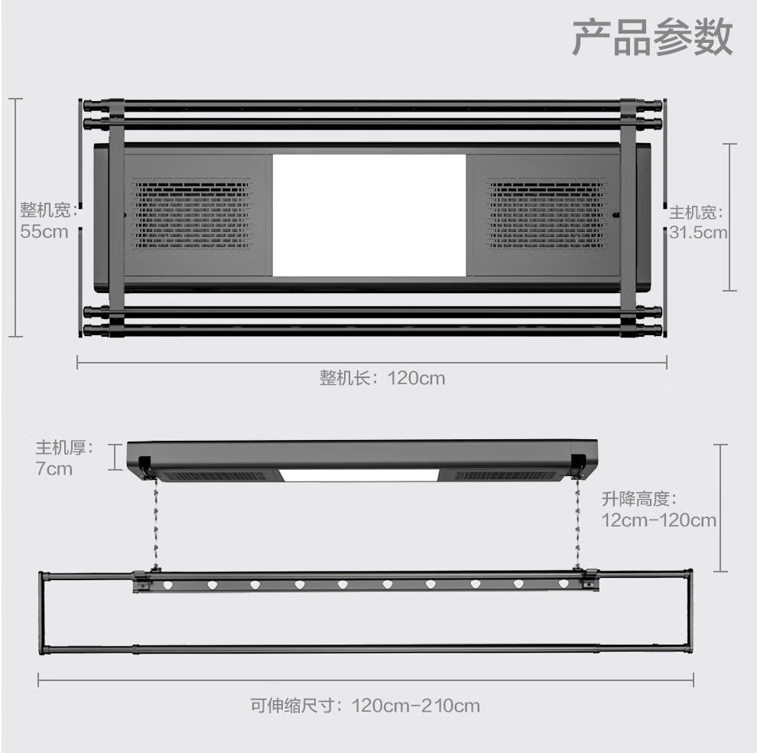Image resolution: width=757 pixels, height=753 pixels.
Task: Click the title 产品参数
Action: pos(652,38)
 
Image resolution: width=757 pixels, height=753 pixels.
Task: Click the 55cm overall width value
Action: pos(44,230)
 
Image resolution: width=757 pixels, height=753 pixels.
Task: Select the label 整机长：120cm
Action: pos(382,378)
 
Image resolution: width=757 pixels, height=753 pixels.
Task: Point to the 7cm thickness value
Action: pos(54,468)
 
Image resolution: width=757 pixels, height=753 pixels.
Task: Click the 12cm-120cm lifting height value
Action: pos(658,521)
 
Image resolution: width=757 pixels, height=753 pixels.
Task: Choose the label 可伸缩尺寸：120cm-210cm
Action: pos(365,705)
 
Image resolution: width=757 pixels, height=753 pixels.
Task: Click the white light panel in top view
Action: pos(369,216)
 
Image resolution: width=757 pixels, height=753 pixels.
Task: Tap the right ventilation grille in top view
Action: pos(547,214)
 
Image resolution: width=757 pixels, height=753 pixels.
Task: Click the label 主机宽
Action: pos(695,212)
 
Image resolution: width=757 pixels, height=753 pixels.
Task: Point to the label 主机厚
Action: pos(63,448)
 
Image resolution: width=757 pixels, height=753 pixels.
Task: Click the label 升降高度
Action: pos(639,500)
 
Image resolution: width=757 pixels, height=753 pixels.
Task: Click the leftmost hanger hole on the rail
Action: pos(167,585)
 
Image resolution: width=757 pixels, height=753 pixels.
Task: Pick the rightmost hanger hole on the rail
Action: pos(564,585)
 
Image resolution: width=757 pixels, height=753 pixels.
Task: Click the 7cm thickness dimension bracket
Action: pos(115,456)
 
